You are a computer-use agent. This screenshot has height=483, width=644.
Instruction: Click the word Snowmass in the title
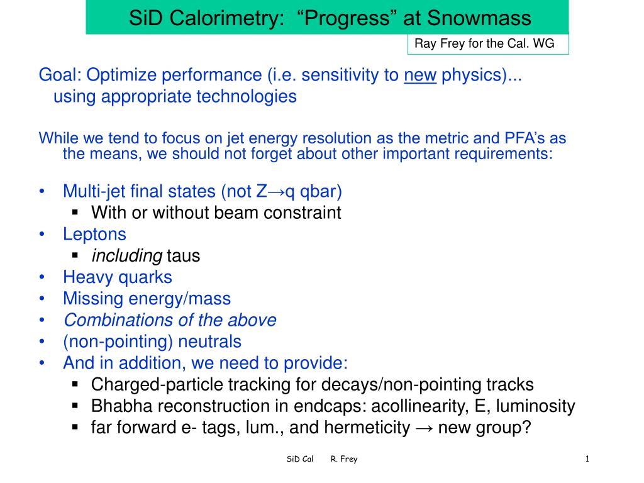coord(479,18)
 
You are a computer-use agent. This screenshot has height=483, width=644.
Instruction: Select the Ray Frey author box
coord(488,44)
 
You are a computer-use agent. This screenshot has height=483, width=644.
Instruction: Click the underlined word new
coord(420,75)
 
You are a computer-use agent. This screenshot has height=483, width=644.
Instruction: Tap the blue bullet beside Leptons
coord(42,234)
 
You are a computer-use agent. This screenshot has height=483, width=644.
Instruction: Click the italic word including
coord(127,256)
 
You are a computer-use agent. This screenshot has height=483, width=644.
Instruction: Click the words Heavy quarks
coord(118,277)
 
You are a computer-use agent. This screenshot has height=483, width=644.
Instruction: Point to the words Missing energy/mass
coord(147,299)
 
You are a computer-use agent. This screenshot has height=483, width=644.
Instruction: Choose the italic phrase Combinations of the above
coord(170,320)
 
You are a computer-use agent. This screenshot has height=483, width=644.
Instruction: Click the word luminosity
coord(536,406)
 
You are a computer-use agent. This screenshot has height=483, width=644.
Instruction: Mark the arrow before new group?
coord(424,428)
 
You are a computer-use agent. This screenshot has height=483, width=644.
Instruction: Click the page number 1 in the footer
coord(587,458)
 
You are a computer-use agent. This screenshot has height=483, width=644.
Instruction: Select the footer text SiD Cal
coord(300,458)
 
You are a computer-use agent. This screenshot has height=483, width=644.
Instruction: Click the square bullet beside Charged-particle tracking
coord(75,384)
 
